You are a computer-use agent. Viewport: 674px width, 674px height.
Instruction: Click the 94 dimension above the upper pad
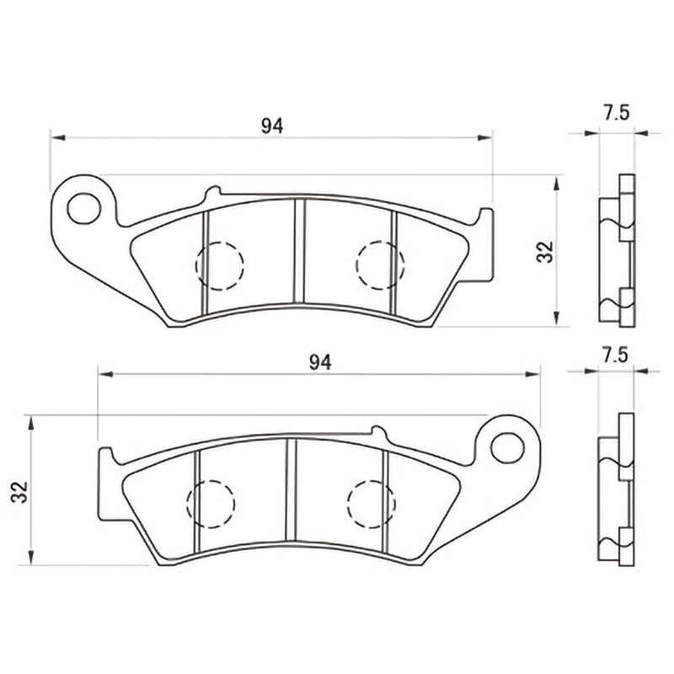tap(272, 126)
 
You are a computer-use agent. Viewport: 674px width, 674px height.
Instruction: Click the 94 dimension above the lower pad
tap(320, 363)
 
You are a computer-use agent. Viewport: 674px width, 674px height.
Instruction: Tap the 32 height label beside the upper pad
tap(545, 252)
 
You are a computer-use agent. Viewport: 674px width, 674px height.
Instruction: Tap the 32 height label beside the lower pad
tap(19, 492)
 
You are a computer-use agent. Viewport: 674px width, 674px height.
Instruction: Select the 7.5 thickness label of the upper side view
tap(617, 113)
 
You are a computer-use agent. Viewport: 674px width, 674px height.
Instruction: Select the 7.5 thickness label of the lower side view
tap(615, 356)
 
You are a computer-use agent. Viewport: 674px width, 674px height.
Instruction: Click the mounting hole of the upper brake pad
tap(83, 208)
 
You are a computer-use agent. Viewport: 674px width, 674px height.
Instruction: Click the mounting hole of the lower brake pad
tap(507, 447)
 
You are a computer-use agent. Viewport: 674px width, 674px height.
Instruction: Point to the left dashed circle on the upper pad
tap(220, 266)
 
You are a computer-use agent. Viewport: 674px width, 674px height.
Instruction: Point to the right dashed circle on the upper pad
tap(381, 265)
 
